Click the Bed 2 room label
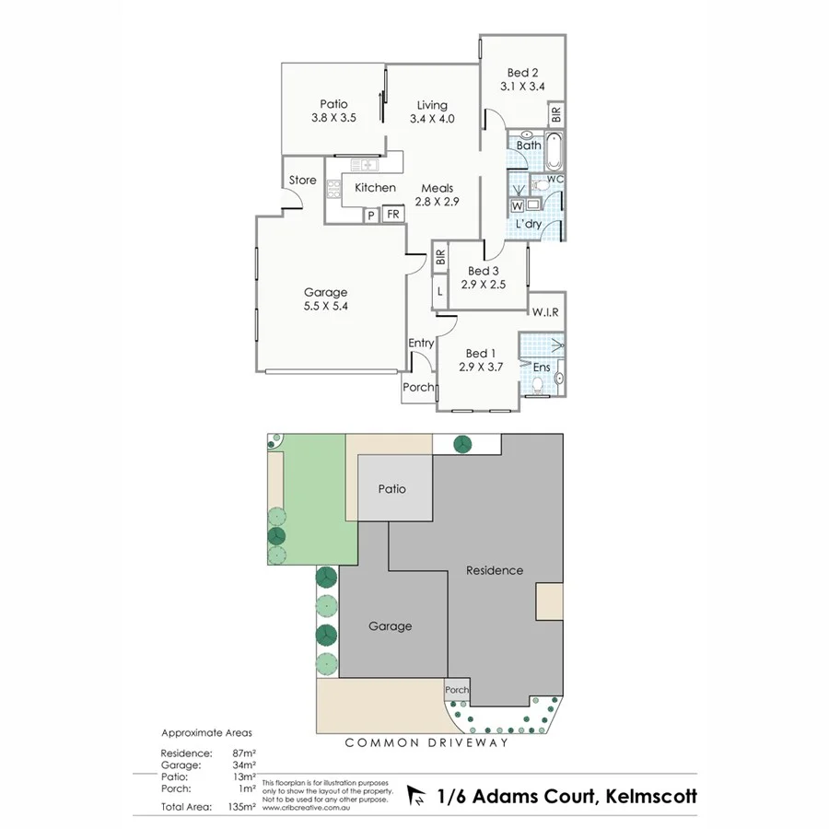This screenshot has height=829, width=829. coord(522,73)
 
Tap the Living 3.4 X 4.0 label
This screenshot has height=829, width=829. coord(431,118)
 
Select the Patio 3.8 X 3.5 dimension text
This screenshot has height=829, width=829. coord(333,118)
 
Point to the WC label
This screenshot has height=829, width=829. coord(555,178)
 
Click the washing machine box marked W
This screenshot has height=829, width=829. coord(517,205)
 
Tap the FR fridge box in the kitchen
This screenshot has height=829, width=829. coord(392,215)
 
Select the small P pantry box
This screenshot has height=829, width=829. coord(370,216)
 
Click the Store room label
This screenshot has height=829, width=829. coord(302,181)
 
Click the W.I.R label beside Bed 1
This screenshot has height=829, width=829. coord(544,313)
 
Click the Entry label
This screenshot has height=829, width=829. coord(421,344)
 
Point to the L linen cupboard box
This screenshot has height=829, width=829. coord(440,291)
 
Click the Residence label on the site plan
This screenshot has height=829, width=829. coord(494,570)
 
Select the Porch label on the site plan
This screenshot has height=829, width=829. coord(457,690)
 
